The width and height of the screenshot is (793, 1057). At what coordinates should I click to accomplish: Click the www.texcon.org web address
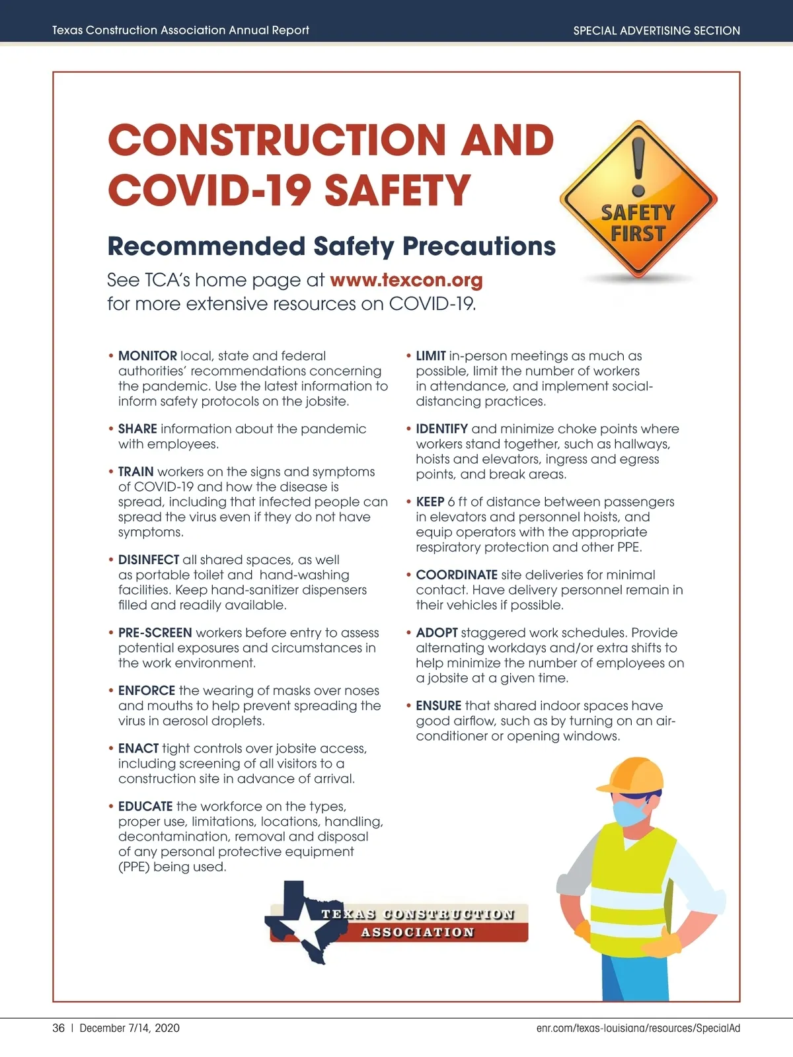point(406,280)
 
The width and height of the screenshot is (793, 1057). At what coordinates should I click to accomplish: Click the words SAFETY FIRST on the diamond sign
point(638,223)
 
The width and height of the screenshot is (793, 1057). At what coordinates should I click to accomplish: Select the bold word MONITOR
point(147,356)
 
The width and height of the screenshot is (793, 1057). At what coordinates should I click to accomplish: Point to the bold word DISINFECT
point(149,560)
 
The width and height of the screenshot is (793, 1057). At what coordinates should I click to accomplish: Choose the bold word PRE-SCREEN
point(155,633)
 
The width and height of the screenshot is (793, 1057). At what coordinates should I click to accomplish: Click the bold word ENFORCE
point(147,691)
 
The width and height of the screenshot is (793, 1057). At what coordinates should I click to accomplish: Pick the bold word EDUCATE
point(145,807)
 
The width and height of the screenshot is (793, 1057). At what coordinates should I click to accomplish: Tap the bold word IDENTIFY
point(442,429)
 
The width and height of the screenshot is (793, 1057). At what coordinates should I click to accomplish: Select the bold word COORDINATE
point(457,575)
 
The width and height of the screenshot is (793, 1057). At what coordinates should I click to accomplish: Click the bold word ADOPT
point(437,633)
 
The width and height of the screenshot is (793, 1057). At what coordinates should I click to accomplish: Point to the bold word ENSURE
point(439,706)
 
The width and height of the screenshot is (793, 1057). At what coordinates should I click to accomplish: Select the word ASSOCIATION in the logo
point(418,933)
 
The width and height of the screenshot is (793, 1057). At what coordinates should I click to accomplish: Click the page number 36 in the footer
point(59,1028)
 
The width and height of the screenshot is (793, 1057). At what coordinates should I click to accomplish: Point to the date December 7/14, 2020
point(130,1028)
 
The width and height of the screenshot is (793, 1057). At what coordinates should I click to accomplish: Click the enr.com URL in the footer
point(638,1028)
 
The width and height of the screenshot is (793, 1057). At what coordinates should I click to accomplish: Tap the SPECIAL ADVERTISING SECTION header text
point(656,30)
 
